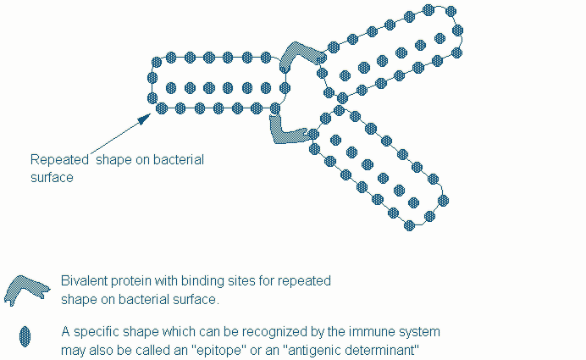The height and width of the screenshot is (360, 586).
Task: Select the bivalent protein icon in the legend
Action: coord(29,289)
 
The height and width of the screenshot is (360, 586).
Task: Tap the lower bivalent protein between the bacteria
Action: coord(285,130)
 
